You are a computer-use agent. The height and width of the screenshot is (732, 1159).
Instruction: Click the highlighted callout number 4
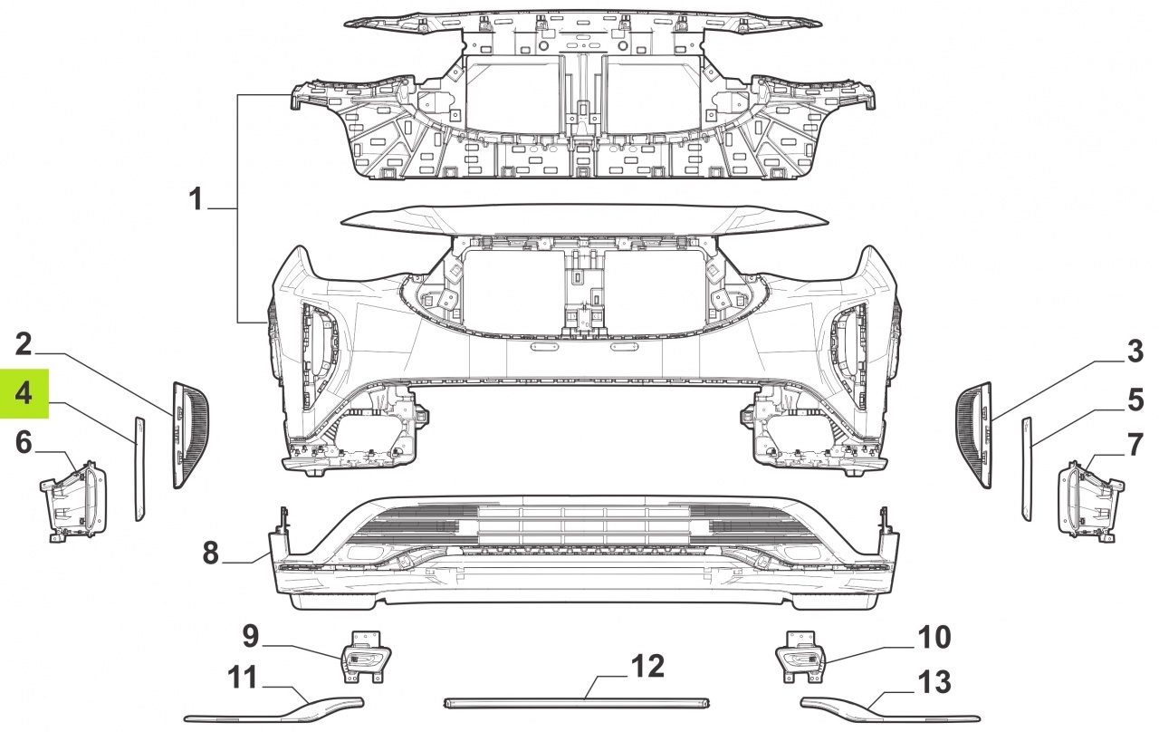coord(24,393)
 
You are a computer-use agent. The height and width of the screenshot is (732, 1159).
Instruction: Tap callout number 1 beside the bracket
coord(195,199)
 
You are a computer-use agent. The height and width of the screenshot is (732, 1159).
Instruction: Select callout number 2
coord(24,344)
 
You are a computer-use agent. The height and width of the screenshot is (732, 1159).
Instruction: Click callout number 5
coord(1135,400)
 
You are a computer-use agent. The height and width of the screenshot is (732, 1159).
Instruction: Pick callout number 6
coord(24,443)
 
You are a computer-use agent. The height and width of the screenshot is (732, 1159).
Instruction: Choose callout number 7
coord(1135,444)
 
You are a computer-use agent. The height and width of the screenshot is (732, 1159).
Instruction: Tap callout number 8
coord(211,553)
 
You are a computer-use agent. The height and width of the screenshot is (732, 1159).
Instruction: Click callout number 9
coord(251,636)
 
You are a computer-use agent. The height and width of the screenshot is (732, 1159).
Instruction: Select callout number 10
coord(934,637)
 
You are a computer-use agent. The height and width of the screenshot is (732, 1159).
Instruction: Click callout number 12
coord(648,666)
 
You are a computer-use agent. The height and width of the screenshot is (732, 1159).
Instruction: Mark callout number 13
coord(934,682)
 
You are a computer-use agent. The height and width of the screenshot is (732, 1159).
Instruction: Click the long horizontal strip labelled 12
coord(577,703)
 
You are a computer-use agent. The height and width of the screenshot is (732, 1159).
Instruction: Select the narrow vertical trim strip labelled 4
coord(139,468)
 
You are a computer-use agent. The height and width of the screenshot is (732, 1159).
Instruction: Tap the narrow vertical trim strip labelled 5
coord(1027,468)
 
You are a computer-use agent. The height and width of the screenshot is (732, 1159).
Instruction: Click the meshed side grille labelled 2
coord(190,435)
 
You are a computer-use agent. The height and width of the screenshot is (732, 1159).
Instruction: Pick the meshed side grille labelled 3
coord(973,435)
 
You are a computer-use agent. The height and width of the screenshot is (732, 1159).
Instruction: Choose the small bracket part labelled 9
coord(365,658)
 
